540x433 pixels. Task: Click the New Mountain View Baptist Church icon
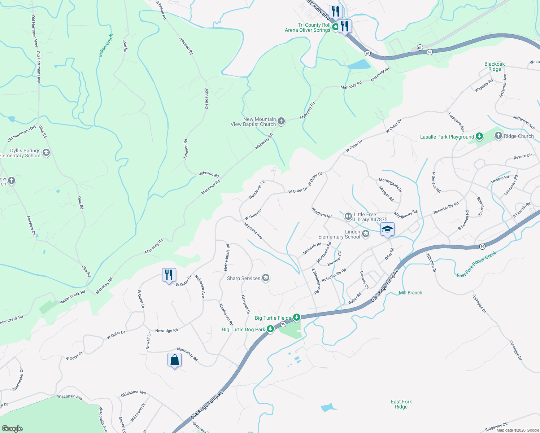(281, 122)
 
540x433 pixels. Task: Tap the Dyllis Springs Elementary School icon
(46, 153)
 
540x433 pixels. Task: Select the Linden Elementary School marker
(365, 234)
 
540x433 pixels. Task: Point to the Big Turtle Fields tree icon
(296, 318)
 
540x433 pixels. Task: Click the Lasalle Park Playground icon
(479, 136)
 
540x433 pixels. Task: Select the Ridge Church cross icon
(498, 136)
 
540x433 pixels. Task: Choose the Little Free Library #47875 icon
(348, 216)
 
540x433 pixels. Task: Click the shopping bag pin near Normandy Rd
(174, 360)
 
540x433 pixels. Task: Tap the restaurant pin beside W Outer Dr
(169, 275)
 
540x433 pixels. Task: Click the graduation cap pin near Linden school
(387, 229)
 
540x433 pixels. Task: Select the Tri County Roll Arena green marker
(335, 27)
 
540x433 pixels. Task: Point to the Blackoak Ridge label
(495, 66)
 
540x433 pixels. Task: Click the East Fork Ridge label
(401, 404)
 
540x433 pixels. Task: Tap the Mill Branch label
(410, 293)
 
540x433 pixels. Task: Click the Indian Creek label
(106, 45)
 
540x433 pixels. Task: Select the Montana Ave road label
(253, 231)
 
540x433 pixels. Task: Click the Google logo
(12, 428)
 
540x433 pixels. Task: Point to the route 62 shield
(430, 52)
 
